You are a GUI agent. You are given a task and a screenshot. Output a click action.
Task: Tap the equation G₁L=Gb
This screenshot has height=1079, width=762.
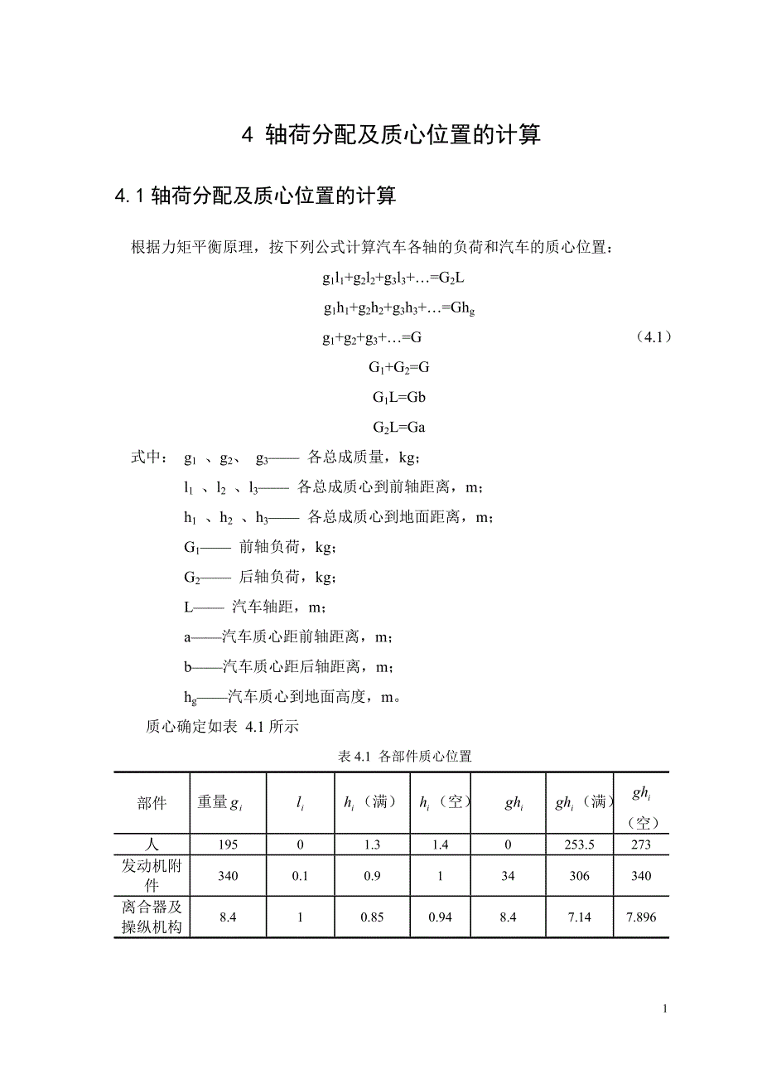(398, 398)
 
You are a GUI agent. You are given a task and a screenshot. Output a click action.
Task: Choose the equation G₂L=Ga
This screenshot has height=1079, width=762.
(398, 428)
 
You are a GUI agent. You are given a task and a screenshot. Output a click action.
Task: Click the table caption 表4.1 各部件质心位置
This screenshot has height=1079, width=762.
(405, 756)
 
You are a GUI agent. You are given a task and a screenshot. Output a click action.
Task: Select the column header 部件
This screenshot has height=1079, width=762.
(152, 802)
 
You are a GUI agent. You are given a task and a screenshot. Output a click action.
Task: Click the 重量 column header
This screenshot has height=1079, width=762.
(219, 802)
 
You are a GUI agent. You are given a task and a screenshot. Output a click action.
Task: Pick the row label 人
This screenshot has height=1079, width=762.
(152, 844)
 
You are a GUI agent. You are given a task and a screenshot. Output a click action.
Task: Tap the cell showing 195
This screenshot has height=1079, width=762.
(228, 844)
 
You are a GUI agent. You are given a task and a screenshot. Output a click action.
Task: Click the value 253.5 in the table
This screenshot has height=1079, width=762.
(579, 844)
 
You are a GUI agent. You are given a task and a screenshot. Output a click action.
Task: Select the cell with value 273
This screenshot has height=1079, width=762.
(640, 844)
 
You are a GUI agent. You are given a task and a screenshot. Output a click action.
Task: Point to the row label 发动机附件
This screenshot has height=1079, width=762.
(152, 876)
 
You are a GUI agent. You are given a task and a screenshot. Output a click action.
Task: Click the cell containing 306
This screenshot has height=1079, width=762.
(579, 876)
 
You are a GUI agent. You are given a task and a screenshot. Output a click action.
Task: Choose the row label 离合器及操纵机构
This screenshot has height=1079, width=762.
(152, 917)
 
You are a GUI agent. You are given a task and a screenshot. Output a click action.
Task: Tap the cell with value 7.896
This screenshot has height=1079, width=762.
(640, 917)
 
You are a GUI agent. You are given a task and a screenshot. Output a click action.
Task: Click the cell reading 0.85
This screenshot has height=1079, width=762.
(371, 917)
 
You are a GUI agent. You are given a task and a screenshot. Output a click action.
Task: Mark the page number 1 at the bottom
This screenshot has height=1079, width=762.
(665, 1009)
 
